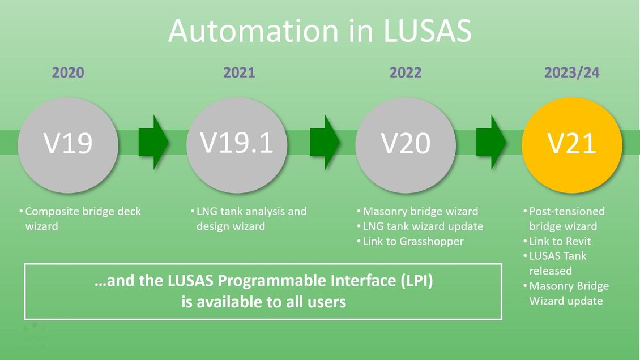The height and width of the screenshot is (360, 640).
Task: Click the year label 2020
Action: click(x=68, y=72)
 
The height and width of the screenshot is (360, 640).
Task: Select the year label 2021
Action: click(x=239, y=72)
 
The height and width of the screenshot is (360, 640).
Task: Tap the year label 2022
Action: click(x=406, y=72)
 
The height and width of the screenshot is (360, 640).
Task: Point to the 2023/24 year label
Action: click(x=572, y=72)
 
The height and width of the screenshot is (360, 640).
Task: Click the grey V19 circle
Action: click(x=68, y=145)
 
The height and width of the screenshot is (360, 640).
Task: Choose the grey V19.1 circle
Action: click(x=237, y=145)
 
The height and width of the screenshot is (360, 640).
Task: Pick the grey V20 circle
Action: click(x=406, y=145)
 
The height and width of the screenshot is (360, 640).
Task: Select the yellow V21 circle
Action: click(x=572, y=145)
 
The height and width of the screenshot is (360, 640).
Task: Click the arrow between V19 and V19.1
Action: click(x=153, y=142)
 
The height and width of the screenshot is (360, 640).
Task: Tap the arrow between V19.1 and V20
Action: click(x=325, y=142)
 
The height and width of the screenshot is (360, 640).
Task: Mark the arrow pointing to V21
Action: click(x=491, y=142)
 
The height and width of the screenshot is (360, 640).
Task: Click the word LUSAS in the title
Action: click(x=428, y=31)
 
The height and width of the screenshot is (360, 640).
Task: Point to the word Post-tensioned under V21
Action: click(x=567, y=212)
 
